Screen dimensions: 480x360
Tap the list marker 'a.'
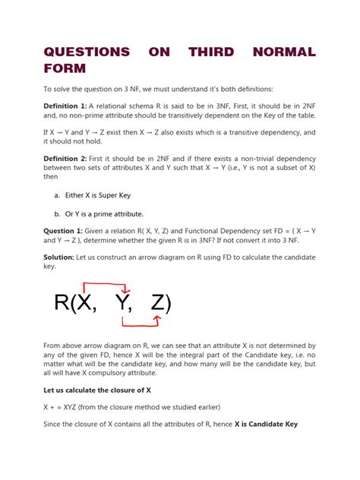(57, 195)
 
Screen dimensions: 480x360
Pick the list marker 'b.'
(58, 214)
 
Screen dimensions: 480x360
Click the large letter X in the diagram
(84, 304)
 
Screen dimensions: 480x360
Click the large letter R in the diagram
(62, 304)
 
